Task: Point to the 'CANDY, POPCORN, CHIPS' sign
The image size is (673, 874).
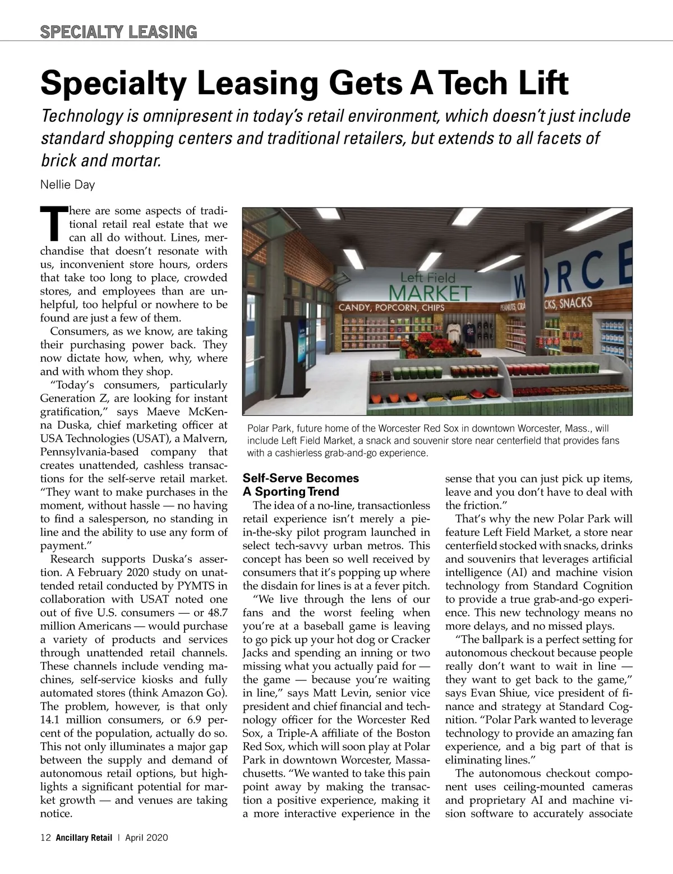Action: click(391, 307)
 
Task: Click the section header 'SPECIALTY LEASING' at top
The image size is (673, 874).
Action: click(118, 32)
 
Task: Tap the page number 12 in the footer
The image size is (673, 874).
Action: click(45, 838)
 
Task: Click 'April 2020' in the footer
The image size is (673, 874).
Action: click(146, 838)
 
